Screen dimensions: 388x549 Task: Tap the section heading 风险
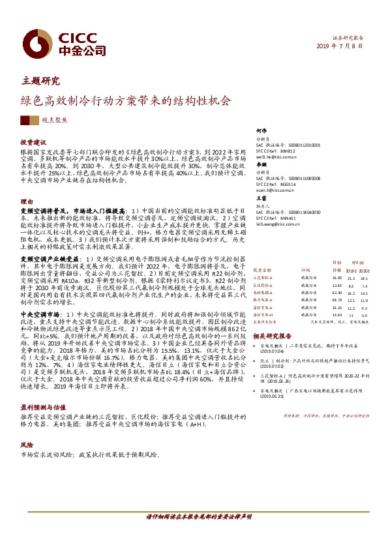[x=27, y=447]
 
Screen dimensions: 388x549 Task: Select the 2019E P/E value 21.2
[x=333, y=276]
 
